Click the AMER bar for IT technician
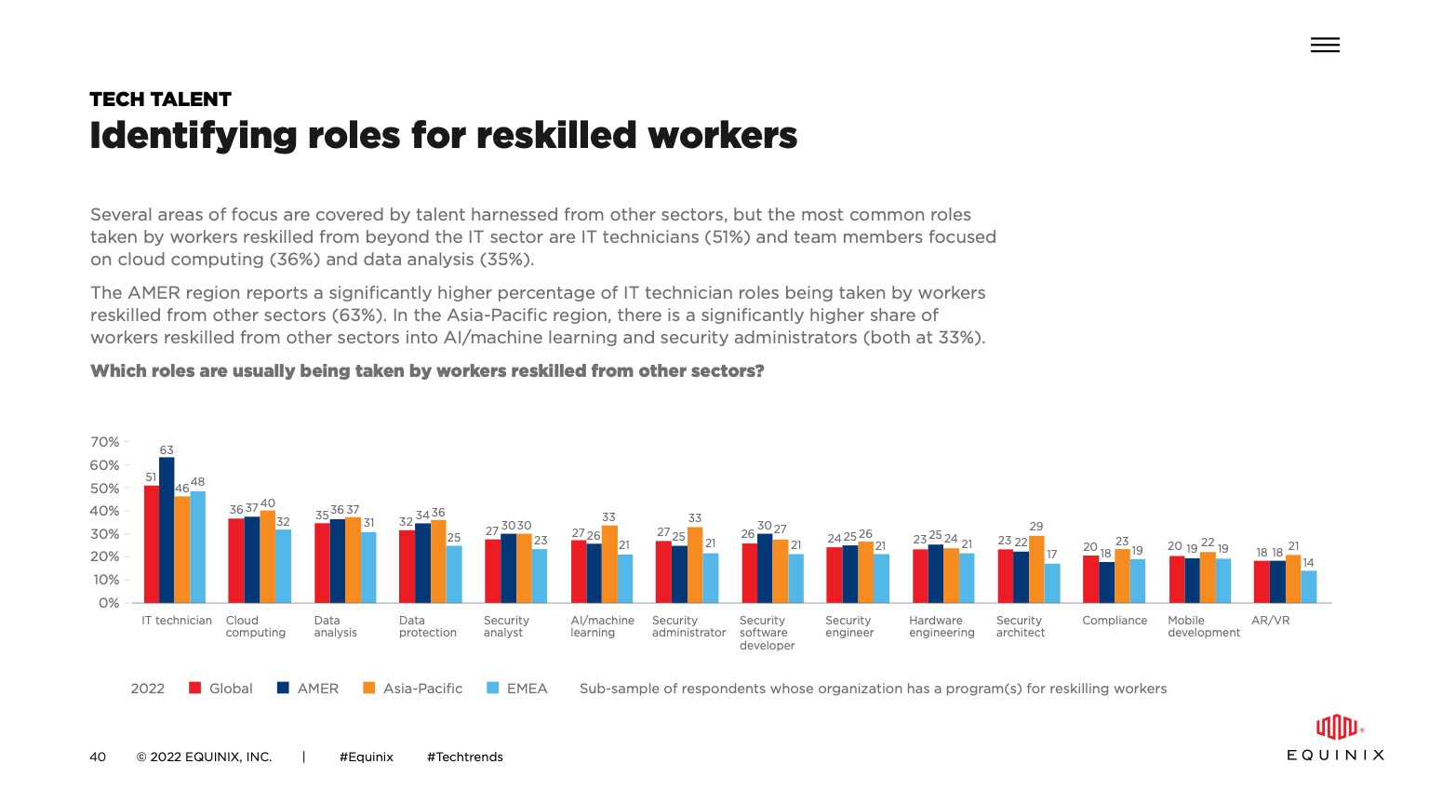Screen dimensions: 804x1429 point(167,530)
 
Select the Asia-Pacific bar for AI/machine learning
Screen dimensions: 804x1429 point(609,565)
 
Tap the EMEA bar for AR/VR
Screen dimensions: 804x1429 point(1309,587)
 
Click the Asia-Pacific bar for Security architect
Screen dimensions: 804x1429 point(1036,569)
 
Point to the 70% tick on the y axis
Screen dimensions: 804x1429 point(105,442)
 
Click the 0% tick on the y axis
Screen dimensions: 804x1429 point(109,603)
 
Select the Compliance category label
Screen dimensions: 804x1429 point(1115,621)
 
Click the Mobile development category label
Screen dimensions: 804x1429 point(1204,626)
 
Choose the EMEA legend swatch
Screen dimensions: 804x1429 point(493,689)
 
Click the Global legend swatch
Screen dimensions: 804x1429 point(195,689)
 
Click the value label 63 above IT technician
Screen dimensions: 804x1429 point(167,450)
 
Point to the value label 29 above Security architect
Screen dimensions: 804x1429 point(1036,527)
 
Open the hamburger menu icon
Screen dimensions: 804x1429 point(1325,45)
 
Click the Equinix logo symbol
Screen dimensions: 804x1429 point(1337,727)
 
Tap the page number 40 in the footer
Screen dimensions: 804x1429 point(98,757)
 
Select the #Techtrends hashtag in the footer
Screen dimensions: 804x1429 point(464,757)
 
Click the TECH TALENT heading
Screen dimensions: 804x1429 point(160,100)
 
